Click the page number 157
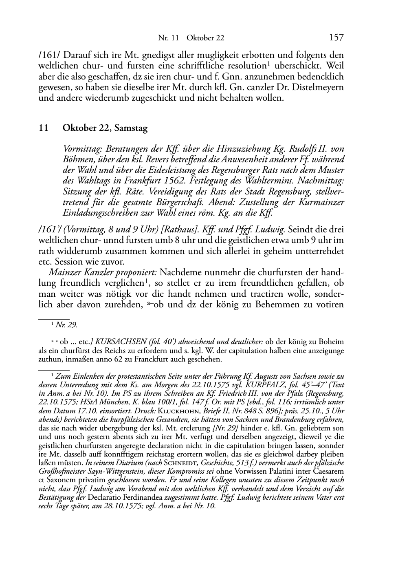pyautogui.click(x=336, y=38)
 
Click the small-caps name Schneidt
pyautogui.click(x=180, y=463)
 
